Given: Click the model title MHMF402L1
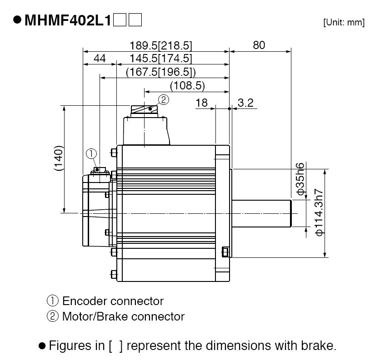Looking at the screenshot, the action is coord(68,20).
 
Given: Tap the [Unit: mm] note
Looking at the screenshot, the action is coord(344,22).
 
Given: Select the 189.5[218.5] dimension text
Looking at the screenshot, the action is coord(161,45).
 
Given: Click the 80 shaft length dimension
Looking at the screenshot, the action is coord(259,45).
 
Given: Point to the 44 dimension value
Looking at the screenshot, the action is coord(100,58).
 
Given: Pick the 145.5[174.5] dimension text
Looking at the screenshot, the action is coord(161,59).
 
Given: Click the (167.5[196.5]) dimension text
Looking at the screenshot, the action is coord(161,72).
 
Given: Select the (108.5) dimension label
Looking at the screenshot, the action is coord(187,85).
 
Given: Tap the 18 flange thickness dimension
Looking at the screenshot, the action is coord(201,103).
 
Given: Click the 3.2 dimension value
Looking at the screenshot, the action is coord(245,103).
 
